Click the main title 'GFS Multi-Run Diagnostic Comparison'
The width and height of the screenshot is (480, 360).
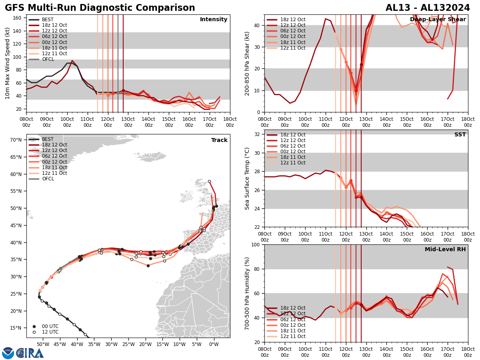click(x=100, y=8)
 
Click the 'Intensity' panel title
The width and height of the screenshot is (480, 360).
click(x=214, y=20)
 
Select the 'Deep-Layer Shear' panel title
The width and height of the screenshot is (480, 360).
click(x=438, y=20)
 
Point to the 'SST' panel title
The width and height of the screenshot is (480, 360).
click(x=460, y=135)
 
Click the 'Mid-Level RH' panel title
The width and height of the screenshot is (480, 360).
click(x=445, y=250)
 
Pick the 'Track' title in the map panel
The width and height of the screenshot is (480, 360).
click(x=219, y=140)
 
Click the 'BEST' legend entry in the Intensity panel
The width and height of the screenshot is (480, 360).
click(x=48, y=20)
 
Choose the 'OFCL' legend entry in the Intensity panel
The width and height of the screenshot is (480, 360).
click(x=48, y=59)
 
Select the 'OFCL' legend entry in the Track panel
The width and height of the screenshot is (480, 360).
click(x=48, y=179)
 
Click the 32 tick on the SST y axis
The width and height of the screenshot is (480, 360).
click(x=258, y=134)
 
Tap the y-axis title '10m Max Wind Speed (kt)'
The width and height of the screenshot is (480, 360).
click(x=8, y=63)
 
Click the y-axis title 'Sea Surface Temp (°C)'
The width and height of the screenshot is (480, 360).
click(x=247, y=178)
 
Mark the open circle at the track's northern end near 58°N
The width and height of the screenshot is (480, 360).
click(x=209, y=182)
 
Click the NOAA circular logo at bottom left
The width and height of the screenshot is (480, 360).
click(x=8, y=353)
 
